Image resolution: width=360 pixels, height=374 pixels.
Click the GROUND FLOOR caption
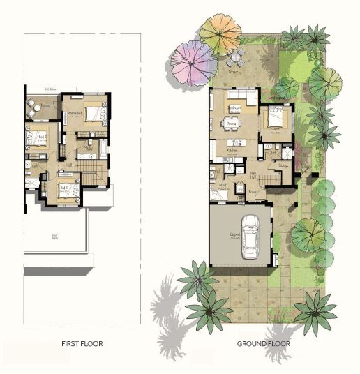tap(263, 343)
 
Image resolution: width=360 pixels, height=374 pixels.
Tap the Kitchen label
tap(232, 149)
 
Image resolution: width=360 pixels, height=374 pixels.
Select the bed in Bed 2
tap(33, 139)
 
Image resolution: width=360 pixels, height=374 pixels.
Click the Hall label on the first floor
tap(69, 165)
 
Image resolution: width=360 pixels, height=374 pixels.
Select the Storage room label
tap(283, 165)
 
